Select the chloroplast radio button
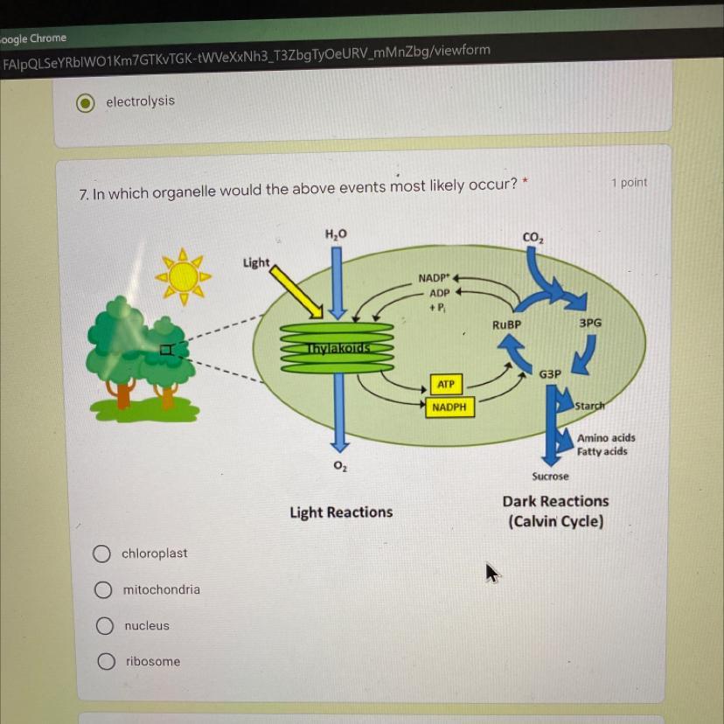pos(102,553)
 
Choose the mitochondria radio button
pos(104,589)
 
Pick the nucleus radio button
pos(105,626)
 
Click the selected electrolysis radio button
pos(85,102)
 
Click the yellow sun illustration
pos(184,276)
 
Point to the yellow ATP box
pos(446,384)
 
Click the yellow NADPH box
pos(449,407)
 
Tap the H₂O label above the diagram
pos(336,233)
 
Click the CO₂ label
pos(532,238)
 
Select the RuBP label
pos(506,324)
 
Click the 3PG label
pos(590,323)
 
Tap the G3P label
pos(550,374)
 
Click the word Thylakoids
pos(338,348)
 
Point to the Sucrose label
pos(550,477)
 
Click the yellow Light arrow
pos(297,290)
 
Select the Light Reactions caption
pos(341,512)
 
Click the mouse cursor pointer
pos(492,573)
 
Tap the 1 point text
pos(630,183)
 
